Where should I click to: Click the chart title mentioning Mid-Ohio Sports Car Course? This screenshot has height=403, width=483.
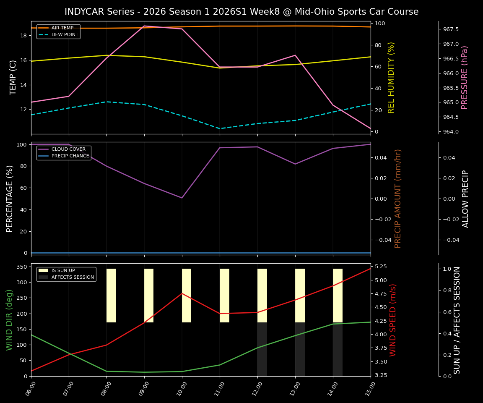tap(241, 12)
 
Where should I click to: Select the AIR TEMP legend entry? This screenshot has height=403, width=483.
tap(62, 28)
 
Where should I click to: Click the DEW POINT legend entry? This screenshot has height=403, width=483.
tap(65, 34)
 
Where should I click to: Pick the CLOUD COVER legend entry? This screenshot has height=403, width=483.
tap(68, 149)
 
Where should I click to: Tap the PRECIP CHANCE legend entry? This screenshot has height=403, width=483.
tap(70, 156)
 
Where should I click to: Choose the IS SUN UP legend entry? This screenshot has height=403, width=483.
tap(63, 270)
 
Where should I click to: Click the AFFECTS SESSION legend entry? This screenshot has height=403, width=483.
tap(72, 277)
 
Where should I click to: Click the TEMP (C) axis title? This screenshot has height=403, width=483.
tap(13, 77)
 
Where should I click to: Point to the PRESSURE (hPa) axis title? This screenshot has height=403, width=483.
tap(465, 77)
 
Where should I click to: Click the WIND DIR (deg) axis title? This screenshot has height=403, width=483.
tap(9, 320)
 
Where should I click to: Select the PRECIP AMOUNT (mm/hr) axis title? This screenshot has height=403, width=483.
tap(398, 198)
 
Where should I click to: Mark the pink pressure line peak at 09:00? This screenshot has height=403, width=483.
tap(144, 26)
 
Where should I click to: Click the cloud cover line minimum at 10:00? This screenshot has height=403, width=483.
tap(182, 198)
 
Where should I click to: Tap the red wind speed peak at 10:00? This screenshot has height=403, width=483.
tap(182, 293)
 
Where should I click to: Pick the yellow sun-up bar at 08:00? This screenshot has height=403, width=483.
tap(111, 296)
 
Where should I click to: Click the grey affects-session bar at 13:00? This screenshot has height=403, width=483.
tap(300, 349)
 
